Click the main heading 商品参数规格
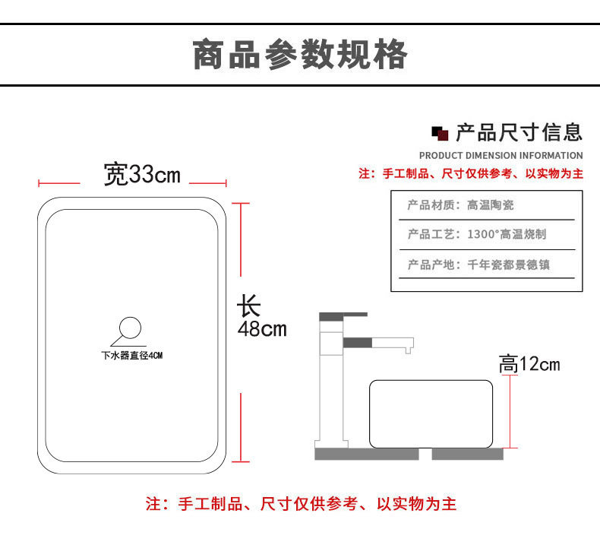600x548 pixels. coord(300,55)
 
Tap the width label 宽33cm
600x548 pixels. coord(143,175)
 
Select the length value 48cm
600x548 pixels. coord(262,329)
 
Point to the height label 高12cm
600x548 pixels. coord(529,364)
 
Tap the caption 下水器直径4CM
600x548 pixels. coord(132,355)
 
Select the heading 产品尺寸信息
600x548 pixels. coord(519,133)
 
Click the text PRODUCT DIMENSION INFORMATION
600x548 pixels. coord(501,156)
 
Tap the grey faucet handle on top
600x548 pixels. coord(343,314)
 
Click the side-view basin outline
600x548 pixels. coord(431,413)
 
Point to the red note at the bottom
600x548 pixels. coord(301,503)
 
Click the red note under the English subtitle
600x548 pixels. coord(471,174)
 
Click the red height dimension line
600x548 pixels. coord(511,410)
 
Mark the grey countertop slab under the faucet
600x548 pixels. coord(367,454)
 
